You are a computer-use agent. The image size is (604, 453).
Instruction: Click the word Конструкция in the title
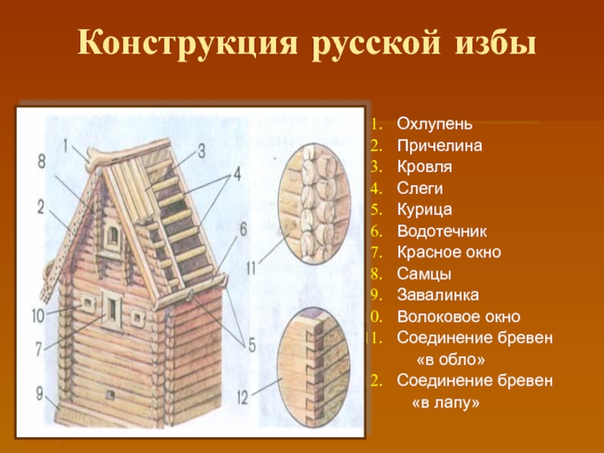[x=188, y=44]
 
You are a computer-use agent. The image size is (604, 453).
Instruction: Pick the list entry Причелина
[x=439, y=146]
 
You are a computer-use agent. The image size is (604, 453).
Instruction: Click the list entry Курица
[x=424, y=210]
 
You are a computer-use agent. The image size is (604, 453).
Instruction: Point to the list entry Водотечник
[x=442, y=231]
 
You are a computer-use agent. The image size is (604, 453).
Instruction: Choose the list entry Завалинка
[x=438, y=294]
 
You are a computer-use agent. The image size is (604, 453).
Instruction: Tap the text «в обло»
[x=451, y=359]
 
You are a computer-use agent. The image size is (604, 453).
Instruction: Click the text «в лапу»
[x=445, y=402]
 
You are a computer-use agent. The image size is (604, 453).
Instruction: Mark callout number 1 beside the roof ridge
[x=66, y=146]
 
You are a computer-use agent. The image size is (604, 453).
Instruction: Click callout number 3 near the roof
[x=202, y=151]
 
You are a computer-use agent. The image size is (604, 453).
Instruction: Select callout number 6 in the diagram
[x=243, y=230]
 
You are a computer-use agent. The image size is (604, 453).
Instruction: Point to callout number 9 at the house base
[x=39, y=393]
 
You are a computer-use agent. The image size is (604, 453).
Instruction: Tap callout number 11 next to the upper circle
[x=251, y=268]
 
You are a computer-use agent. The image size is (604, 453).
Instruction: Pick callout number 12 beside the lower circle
[x=242, y=399]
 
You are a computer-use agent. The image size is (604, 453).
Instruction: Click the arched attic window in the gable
[x=112, y=236]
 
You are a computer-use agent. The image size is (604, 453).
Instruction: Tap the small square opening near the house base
[x=110, y=395]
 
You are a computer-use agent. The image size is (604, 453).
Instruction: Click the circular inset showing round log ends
[x=314, y=204]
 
